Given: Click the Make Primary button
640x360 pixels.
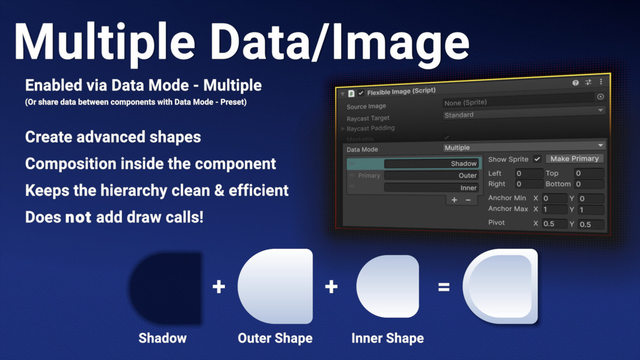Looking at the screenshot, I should click(574, 158).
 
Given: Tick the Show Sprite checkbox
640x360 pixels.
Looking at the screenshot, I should click(537, 159).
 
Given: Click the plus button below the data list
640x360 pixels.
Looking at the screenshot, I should click(454, 200).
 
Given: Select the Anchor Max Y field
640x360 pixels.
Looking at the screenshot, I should click(590, 210).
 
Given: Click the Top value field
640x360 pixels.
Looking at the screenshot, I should click(589, 173).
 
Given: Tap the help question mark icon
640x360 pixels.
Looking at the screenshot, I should click(575, 83).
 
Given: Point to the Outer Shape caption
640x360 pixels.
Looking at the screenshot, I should click(275, 338).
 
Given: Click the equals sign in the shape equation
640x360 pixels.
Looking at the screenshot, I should click(444, 287).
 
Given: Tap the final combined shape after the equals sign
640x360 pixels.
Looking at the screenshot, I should click(500, 286).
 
